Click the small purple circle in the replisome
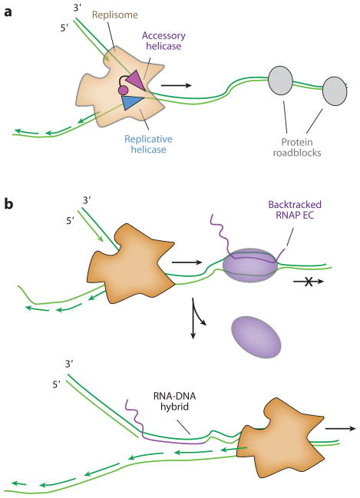123,91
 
